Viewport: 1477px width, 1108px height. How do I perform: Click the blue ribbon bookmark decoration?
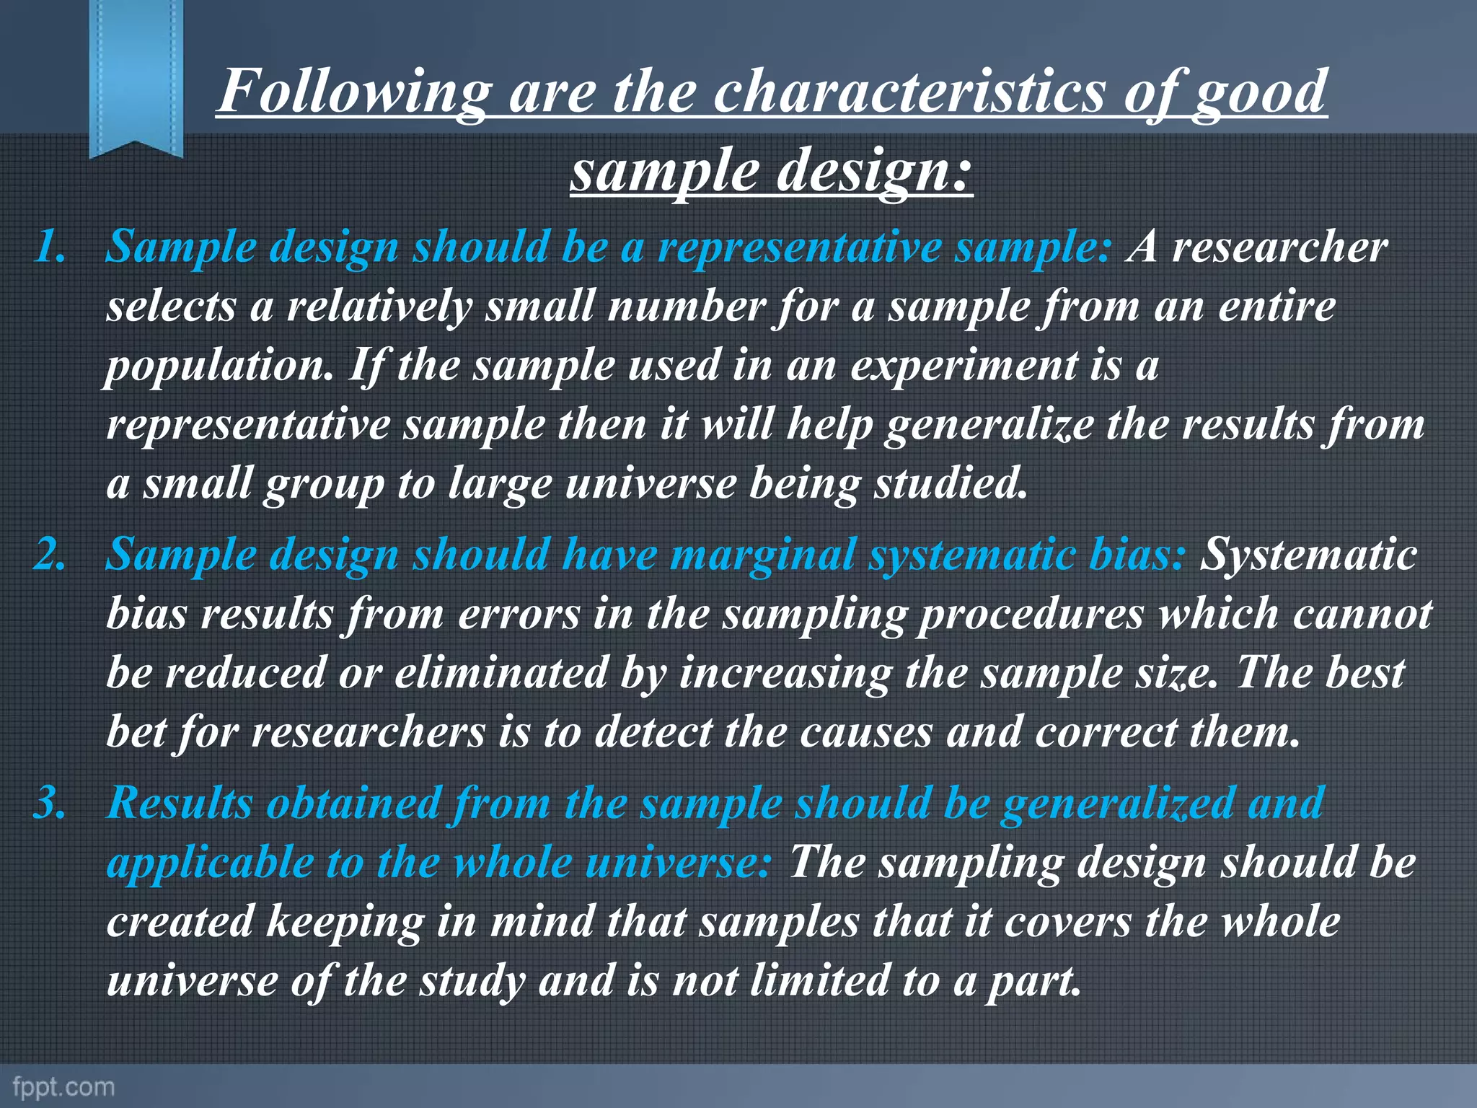(136, 76)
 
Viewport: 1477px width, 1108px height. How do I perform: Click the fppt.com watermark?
(64, 1086)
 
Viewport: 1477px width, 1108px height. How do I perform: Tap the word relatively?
(379, 307)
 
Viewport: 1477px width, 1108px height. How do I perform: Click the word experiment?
(964, 366)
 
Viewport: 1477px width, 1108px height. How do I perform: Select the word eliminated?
(501, 673)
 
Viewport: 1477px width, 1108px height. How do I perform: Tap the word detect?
(653, 732)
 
